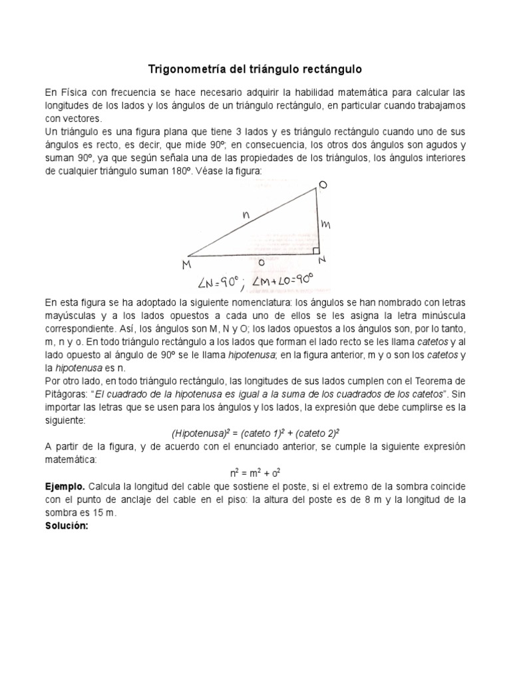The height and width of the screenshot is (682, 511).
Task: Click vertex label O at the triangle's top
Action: click(322, 184)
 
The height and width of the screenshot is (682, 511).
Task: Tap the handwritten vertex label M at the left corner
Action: click(186, 266)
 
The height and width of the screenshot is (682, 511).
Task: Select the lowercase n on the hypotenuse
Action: click(246, 215)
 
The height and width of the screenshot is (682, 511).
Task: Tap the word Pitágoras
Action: click(65, 393)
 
